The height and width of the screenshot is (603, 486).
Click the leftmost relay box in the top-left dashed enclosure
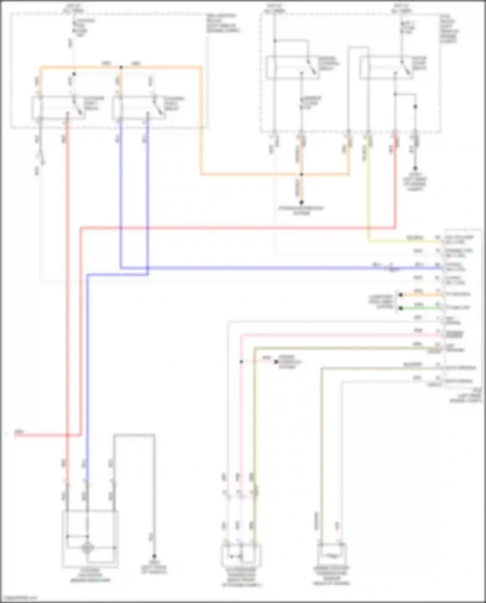click(58, 108)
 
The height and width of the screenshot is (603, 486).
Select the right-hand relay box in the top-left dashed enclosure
click(139, 108)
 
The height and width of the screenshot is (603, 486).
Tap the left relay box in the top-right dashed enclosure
click(293, 68)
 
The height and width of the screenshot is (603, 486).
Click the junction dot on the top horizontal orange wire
click(121, 67)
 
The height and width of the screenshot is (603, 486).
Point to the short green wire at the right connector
click(421, 308)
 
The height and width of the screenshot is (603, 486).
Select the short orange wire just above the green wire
click(421, 295)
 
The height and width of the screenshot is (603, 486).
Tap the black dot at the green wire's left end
click(401, 308)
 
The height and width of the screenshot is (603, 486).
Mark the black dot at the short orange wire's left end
click(401, 295)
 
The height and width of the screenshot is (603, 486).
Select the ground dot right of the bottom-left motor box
click(154, 556)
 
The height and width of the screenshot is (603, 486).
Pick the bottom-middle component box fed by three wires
click(241, 556)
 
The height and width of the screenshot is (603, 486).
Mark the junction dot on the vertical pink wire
click(241, 362)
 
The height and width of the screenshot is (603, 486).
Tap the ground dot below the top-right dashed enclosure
click(415, 168)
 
